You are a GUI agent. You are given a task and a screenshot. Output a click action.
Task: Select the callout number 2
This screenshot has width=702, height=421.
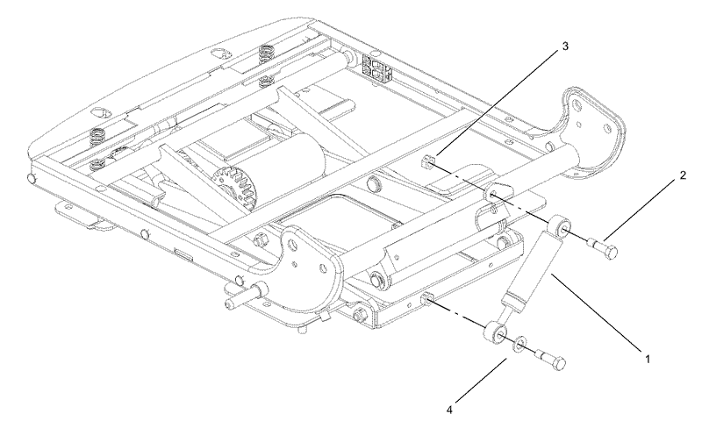tap(683, 175)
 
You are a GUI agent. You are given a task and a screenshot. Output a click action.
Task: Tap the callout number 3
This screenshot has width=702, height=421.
tap(565, 46)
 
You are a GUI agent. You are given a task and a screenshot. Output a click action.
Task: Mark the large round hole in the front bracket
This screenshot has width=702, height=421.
tap(292, 245)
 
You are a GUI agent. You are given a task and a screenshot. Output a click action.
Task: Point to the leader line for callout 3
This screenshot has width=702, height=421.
tap(497, 103)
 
